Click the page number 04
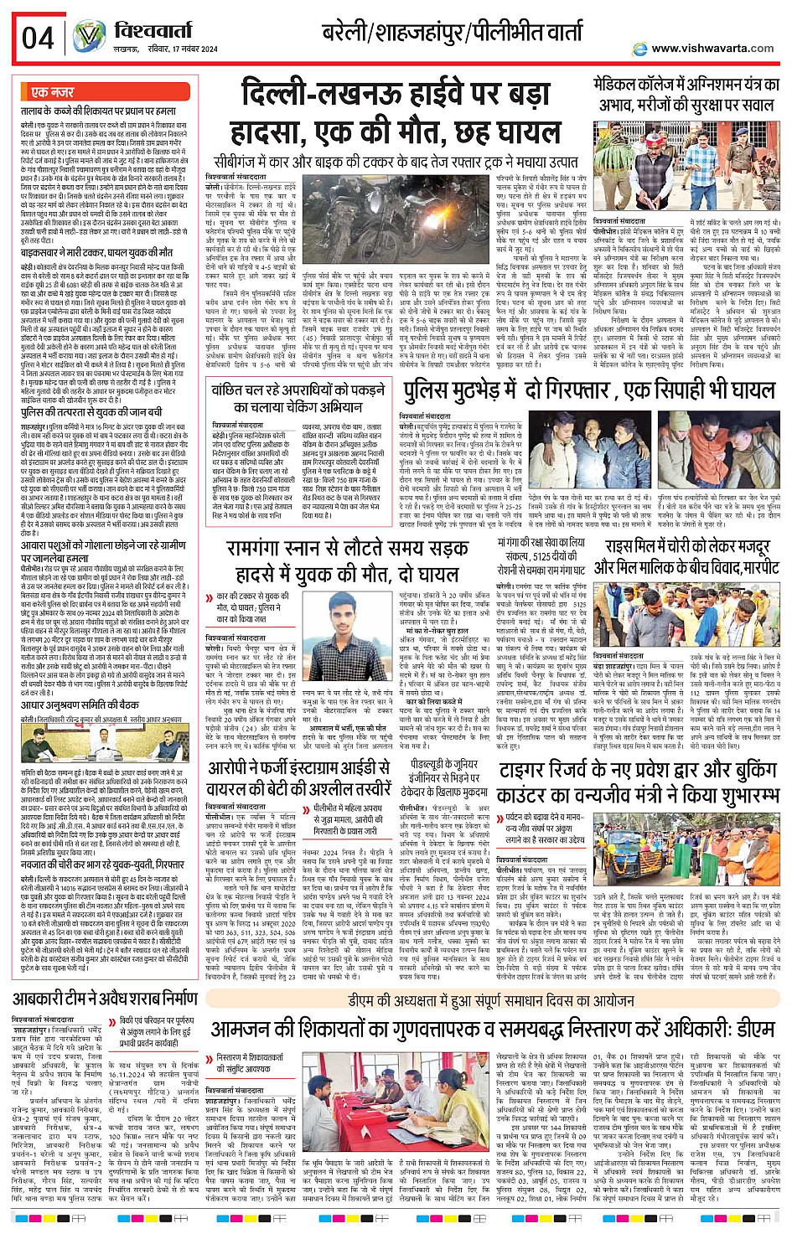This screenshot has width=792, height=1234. point(38,38)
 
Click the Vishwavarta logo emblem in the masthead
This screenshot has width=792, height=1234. point(89,36)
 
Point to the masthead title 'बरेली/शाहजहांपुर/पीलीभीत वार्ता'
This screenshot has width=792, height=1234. point(453,33)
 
